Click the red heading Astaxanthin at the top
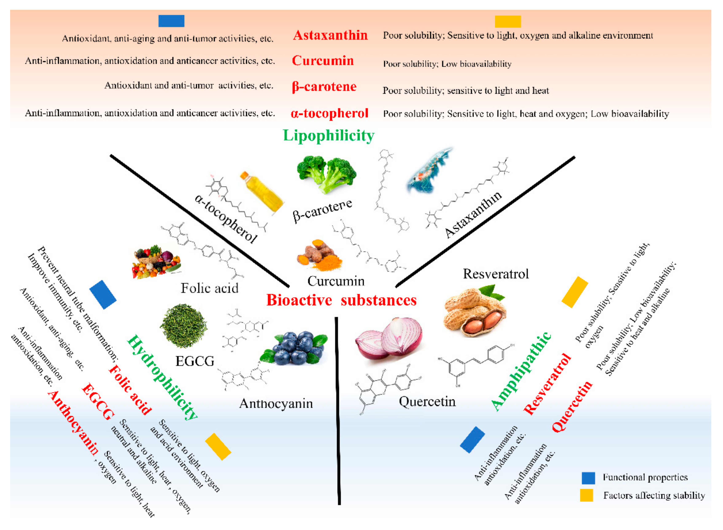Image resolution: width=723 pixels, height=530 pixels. pyautogui.click(x=330, y=35)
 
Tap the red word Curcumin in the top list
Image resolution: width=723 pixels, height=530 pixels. pyautogui.click(x=323, y=61)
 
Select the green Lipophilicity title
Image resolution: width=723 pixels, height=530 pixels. pyautogui.click(x=328, y=135)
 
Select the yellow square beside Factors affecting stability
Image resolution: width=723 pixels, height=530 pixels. pyautogui.click(x=586, y=495)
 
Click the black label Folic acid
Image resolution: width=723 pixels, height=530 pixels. pyautogui.click(x=209, y=288)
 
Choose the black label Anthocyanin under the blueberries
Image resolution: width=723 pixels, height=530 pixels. pyautogui.click(x=276, y=404)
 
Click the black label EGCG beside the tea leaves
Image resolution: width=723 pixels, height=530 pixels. pyautogui.click(x=195, y=361)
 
